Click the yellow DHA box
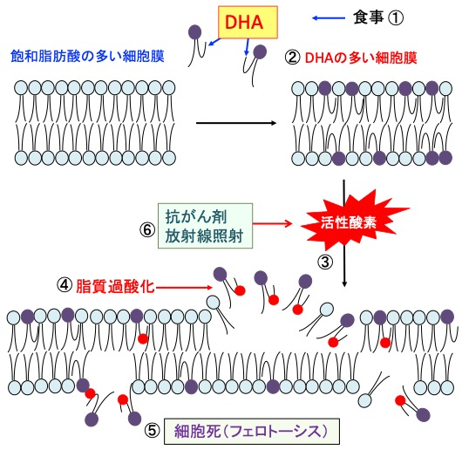pos(248,23)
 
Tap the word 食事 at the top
pos(369,17)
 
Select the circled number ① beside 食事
pos(395,18)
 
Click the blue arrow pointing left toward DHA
pos(329,18)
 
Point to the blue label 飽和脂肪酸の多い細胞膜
pos(87,56)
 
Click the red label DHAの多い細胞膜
pos(361,58)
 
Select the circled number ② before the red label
pos(292,58)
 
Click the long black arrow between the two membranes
pos(236,123)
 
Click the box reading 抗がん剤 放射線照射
pos(206,226)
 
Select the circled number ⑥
pos(147,230)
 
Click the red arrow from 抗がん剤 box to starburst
pos(272,223)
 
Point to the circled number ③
pos(325,262)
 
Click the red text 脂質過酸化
pos(115,286)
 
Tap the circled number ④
pos(65,285)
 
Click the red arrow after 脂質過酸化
pos(183,287)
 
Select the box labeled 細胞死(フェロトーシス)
pos(252,432)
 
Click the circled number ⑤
pos(153,431)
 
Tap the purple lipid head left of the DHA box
pos(194,31)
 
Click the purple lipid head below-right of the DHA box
pos(260,51)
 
